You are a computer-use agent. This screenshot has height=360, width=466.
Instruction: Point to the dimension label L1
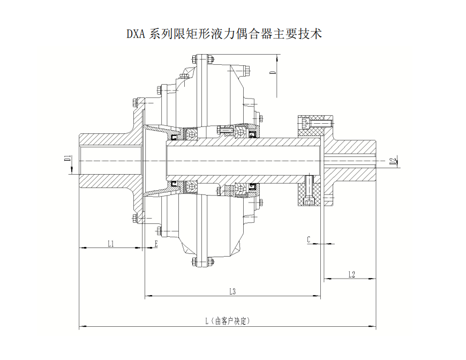coord(110,244)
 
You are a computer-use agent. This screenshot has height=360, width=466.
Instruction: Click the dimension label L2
coord(351,274)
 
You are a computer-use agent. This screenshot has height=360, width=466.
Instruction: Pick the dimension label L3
coord(232,291)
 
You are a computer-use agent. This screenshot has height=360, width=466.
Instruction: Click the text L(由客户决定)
coord(228,321)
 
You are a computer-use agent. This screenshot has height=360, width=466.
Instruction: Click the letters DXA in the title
coord(137,34)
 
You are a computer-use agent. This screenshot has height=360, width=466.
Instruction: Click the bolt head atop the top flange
coord(204,58)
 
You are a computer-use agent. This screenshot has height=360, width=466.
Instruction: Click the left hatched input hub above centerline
coord(107,140)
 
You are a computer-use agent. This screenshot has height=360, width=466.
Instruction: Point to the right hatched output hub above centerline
coord(354,145)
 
